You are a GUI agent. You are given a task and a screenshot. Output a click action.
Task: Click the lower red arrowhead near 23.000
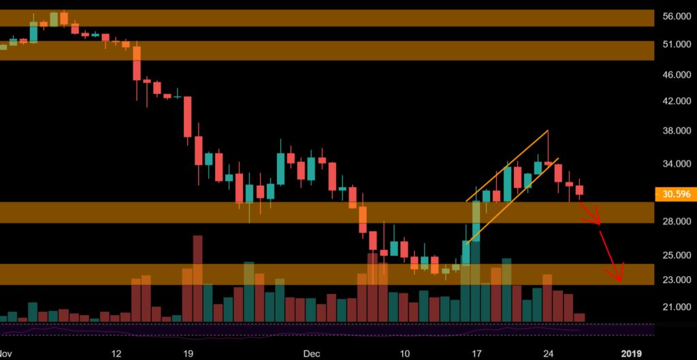pyautogui.click(x=619, y=278)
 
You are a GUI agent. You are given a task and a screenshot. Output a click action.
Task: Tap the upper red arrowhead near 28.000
pyautogui.click(x=598, y=222)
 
